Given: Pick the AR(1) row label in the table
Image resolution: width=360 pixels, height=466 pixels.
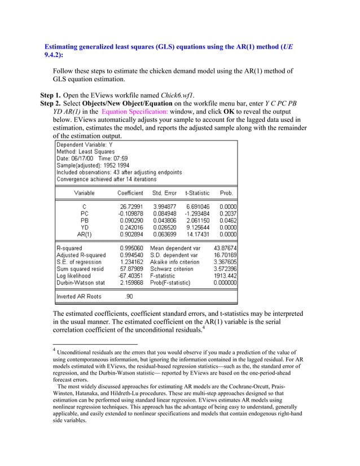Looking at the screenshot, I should (80, 234).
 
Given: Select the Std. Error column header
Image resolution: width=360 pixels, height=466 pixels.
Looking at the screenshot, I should (164, 193).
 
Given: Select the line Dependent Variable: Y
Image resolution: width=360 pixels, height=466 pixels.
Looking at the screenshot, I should (85, 145).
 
